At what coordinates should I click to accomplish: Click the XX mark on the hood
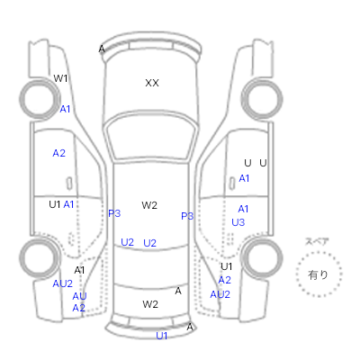pyautogui.click(x=152, y=83)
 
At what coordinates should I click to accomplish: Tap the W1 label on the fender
pyautogui.click(x=60, y=78)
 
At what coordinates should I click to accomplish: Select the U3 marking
pyautogui.click(x=238, y=222)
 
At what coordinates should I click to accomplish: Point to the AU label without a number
pyautogui.click(x=79, y=296)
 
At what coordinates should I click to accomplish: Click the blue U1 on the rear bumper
pyautogui.click(x=162, y=336)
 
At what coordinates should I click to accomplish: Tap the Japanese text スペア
pyautogui.click(x=317, y=241)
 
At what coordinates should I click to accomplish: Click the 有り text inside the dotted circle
pyautogui.click(x=318, y=274)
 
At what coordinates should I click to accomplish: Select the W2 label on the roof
pyautogui.click(x=149, y=205)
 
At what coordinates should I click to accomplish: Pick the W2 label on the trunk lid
pyautogui.click(x=150, y=304)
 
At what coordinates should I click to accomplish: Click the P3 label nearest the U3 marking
pyautogui.click(x=187, y=216)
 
